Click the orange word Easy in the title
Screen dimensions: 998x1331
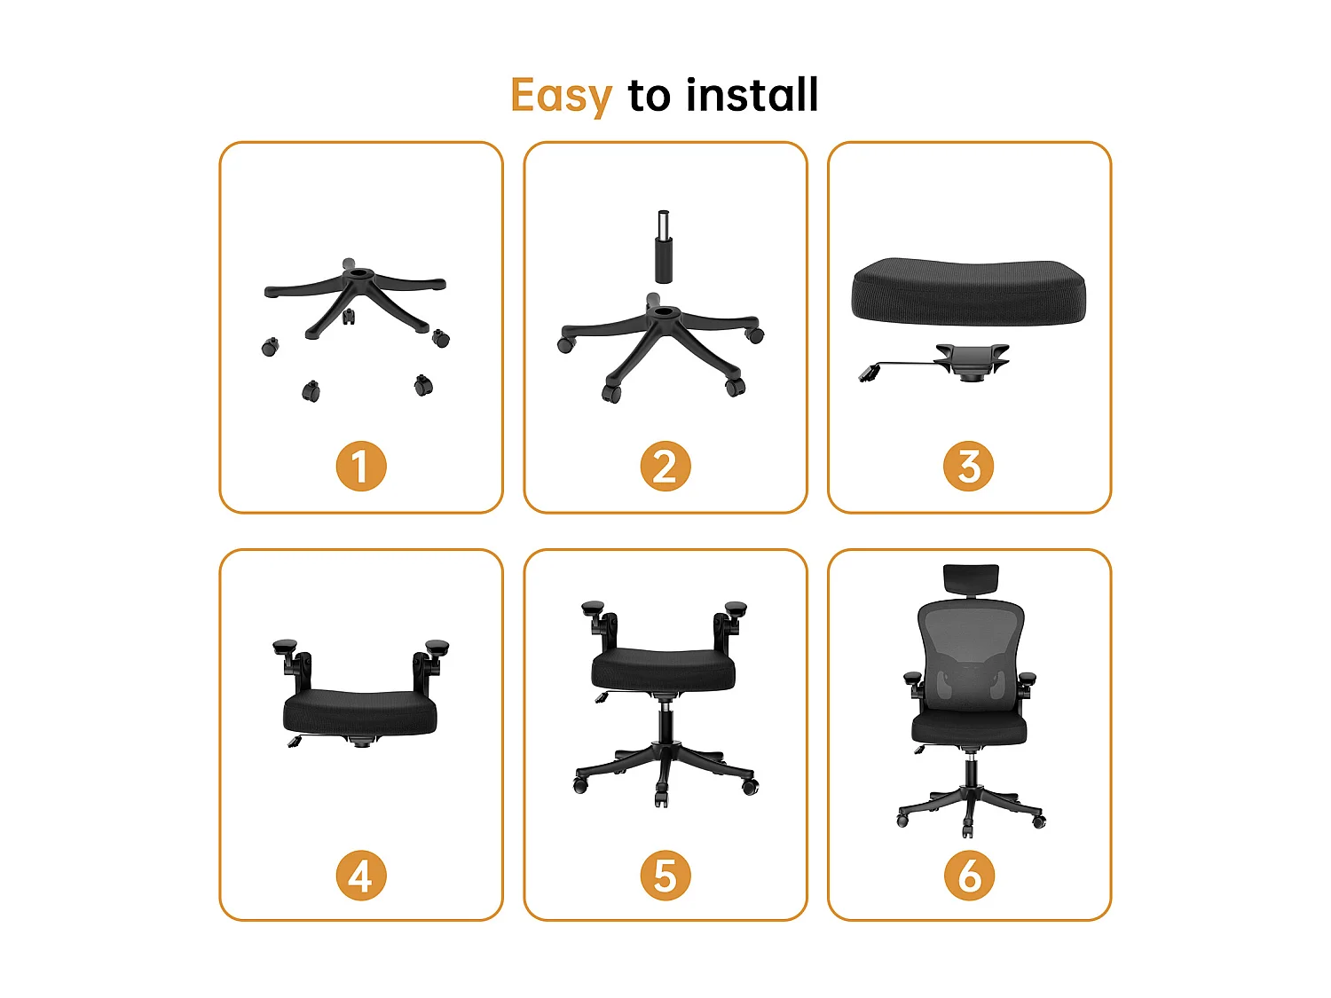(x=561, y=95)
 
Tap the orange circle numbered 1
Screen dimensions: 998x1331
(x=361, y=467)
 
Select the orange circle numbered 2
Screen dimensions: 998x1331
(x=665, y=467)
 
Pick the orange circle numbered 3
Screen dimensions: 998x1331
(x=969, y=467)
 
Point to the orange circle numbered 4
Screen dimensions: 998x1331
(x=361, y=876)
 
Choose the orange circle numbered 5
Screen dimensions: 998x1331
(x=665, y=876)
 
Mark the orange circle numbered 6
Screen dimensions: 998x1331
(x=969, y=876)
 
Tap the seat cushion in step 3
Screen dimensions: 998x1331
(x=968, y=291)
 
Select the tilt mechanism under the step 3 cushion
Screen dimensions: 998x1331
(x=971, y=361)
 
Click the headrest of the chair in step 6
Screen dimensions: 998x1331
(x=971, y=578)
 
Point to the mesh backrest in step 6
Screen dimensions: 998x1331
(x=970, y=652)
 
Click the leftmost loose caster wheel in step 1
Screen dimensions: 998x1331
(x=270, y=347)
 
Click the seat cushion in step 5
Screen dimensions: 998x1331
(x=664, y=668)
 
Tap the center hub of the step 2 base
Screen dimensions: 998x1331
(x=664, y=314)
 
